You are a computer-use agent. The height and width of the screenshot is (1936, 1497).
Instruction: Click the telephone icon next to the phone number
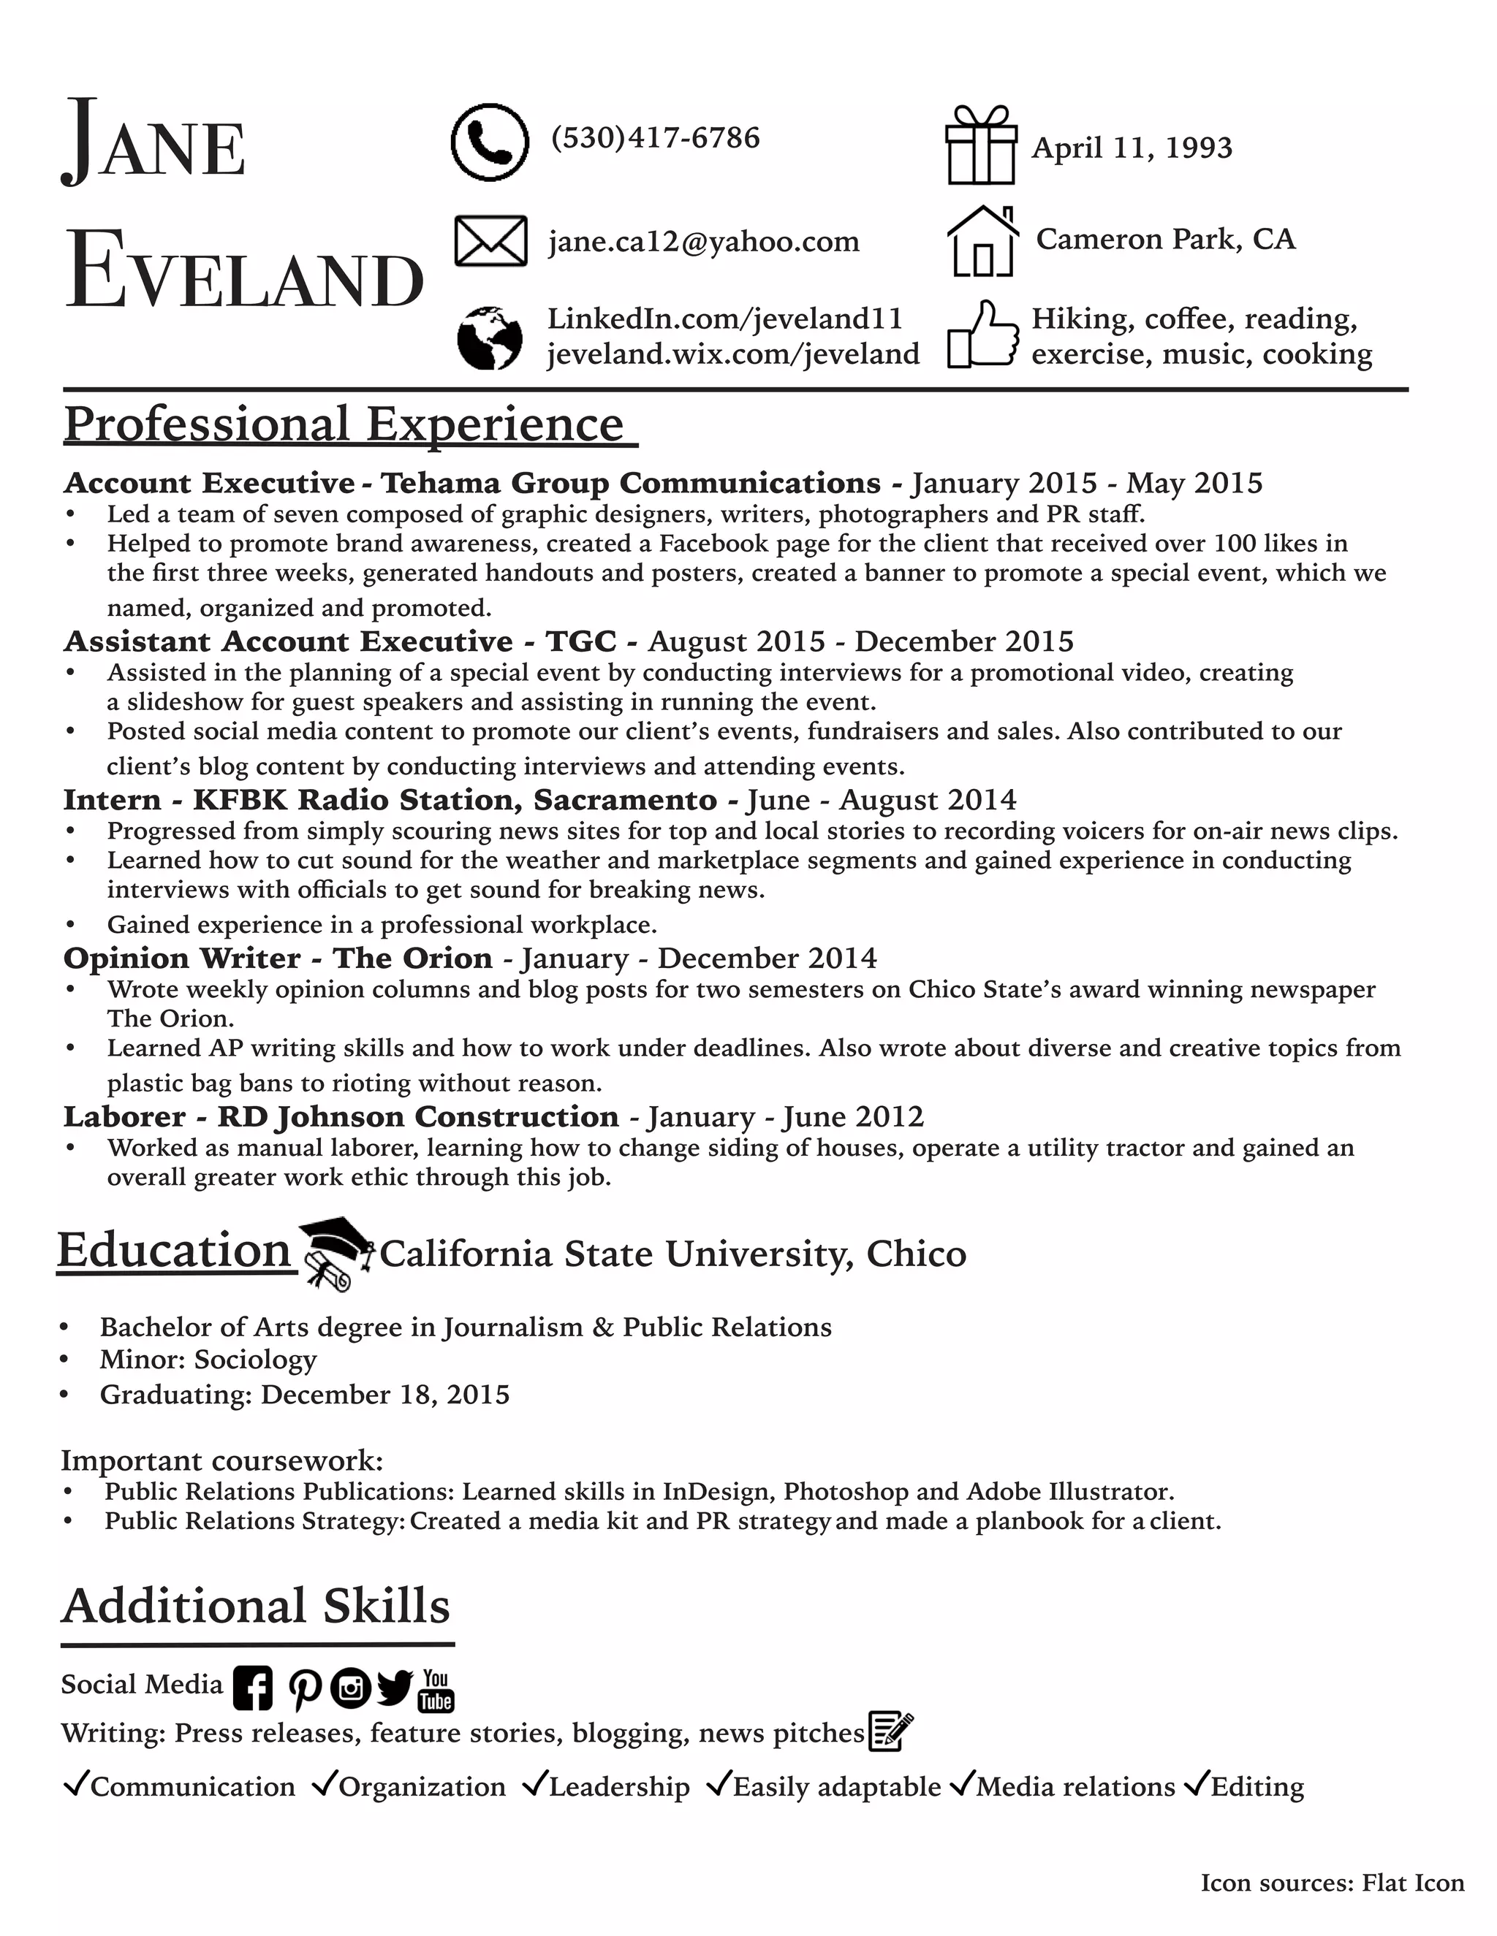490,142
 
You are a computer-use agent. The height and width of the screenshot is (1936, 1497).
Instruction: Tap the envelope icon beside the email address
490,241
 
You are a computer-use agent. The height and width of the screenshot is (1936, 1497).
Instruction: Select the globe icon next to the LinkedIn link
490,338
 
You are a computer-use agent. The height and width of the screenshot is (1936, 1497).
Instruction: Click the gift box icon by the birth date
981,145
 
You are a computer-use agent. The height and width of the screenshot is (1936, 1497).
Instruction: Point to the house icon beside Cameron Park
982,241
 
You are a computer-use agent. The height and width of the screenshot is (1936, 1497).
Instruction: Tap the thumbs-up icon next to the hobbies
982,335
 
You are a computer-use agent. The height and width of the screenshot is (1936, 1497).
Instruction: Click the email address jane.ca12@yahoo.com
703,241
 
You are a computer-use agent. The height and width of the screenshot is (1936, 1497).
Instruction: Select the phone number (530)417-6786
656,138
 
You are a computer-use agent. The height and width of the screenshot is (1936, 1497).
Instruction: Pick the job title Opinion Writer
182,959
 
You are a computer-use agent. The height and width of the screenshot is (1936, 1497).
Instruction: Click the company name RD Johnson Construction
417,1116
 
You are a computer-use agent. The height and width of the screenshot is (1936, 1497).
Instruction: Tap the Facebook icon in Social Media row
253,1688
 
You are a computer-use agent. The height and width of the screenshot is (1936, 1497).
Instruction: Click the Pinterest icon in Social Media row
304,1688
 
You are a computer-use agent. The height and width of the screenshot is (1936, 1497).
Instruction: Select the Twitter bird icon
395,1687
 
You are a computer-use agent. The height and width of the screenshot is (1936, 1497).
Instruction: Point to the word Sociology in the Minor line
255,1360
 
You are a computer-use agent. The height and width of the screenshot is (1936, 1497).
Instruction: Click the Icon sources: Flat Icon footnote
1332,1883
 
